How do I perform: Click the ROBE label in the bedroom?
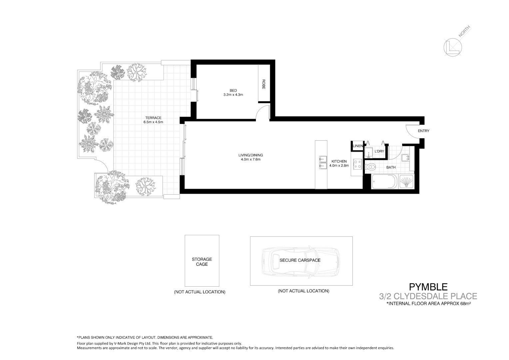pyautogui.click(x=263, y=84)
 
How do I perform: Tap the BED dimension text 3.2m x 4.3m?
pyautogui.click(x=233, y=95)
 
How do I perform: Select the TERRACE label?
pyautogui.click(x=153, y=118)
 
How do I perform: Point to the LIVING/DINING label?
pyautogui.click(x=251, y=155)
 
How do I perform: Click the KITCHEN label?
pyautogui.click(x=339, y=161)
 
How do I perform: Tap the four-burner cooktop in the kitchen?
pyautogui.click(x=357, y=164)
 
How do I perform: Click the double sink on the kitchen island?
pyautogui.click(x=322, y=162)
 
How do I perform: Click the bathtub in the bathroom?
pyautogui.click(x=384, y=182)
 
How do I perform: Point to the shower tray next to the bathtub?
pyautogui.click(x=406, y=182)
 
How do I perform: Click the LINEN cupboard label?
pyautogui.click(x=358, y=146)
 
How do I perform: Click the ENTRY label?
pyautogui.click(x=423, y=131)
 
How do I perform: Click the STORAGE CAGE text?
pyautogui.click(x=202, y=262)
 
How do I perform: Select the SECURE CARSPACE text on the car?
pyautogui.click(x=300, y=260)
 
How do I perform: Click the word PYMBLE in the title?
pyautogui.click(x=428, y=287)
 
